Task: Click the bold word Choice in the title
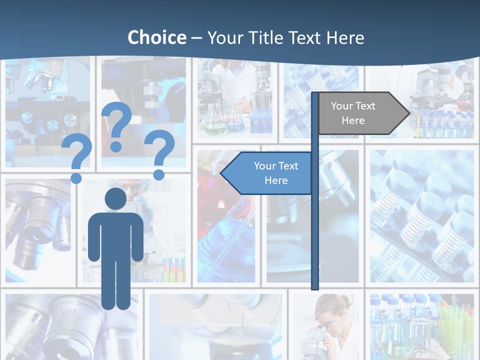coord(156,37)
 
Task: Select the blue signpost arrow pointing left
coord(267,173)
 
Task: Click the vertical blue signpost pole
coord(315,225)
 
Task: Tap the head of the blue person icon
coord(115,199)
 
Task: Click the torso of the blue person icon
coord(115,235)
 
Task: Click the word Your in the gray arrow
coord(342,106)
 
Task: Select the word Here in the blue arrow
coord(276,180)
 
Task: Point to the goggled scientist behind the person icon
coord(135,192)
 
